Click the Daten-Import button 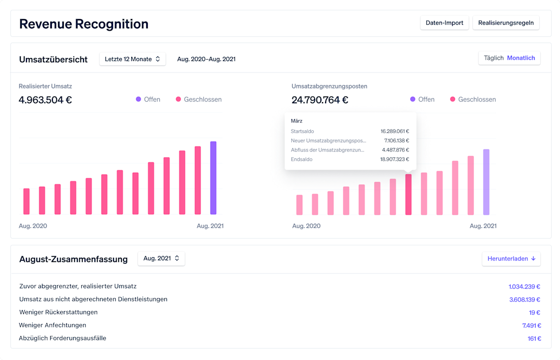click(x=444, y=23)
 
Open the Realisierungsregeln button click(x=506, y=23)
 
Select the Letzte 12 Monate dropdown click(x=132, y=59)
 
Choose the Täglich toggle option click(x=494, y=58)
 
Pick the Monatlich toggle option click(x=521, y=58)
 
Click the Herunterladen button click(x=511, y=258)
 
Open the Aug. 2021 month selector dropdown click(x=161, y=258)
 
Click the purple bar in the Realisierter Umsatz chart click(x=213, y=178)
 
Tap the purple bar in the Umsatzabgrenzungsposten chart click(x=486, y=182)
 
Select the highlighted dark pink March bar click(x=408, y=195)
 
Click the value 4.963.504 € click(x=45, y=100)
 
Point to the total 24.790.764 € click(x=320, y=100)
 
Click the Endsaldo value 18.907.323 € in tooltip click(x=394, y=159)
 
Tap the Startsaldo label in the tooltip click(x=302, y=131)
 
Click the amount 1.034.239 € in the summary click(x=524, y=286)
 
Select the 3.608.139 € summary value click(x=524, y=299)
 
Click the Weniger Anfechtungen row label click(x=52, y=325)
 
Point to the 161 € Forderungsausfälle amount click(x=534, y=338)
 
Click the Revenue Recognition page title click(x=84, y=24)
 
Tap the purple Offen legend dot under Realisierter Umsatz click(x=138, y=99)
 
